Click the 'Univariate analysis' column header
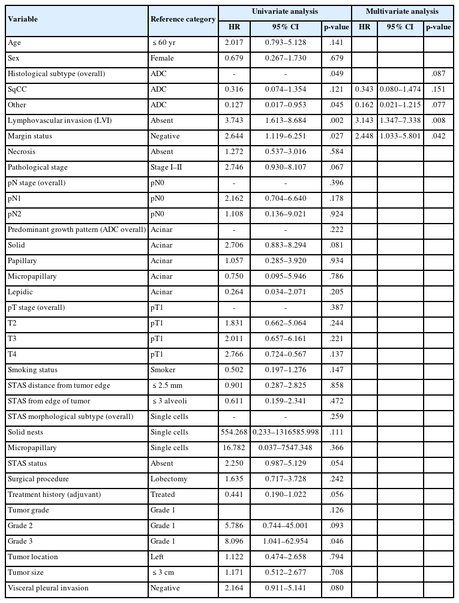point(284,11)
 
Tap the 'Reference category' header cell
point(183,19)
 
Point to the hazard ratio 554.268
point(235,432)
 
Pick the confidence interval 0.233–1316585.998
point(286,432)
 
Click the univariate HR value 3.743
point(235,120)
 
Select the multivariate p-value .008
point(439,120)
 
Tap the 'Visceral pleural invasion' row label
point(47,588)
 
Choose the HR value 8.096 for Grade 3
point(235,541)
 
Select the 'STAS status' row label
point(27,463)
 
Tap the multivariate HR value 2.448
point(364,136)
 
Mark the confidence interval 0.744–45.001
point(286,526)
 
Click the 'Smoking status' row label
point(32,370)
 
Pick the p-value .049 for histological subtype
point(335,74)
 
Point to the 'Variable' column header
point(23,19)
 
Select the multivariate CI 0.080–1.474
point(400,89)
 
